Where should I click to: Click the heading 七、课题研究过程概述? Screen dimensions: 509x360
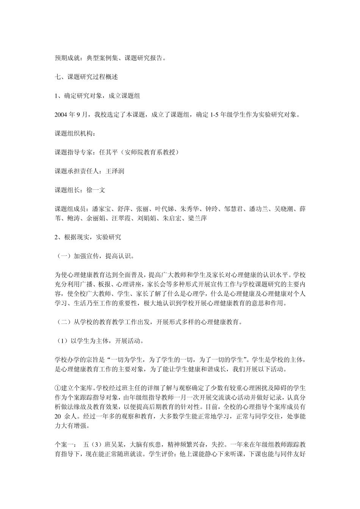point(87,77)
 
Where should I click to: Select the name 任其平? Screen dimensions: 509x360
point(107,152)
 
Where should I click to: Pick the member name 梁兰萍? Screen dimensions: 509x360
point(198,219)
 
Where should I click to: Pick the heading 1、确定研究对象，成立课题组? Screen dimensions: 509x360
point(97,96)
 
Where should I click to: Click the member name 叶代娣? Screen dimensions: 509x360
point(164,209)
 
